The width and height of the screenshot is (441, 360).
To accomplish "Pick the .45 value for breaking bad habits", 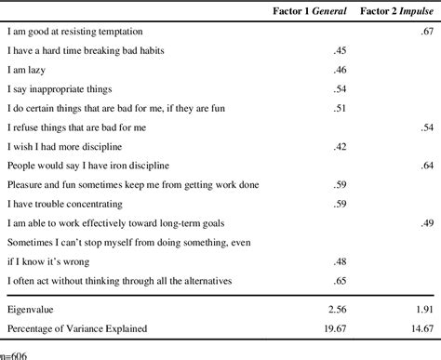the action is (x=341, y=50).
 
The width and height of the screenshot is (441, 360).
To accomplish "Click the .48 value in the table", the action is (x=341, y=260).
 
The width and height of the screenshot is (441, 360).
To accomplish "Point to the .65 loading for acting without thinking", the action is (x=341, y=280).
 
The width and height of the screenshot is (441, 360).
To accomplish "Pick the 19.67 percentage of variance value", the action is (x=335, y=328).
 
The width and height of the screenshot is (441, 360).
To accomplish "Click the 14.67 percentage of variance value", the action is (x=421, y=328).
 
